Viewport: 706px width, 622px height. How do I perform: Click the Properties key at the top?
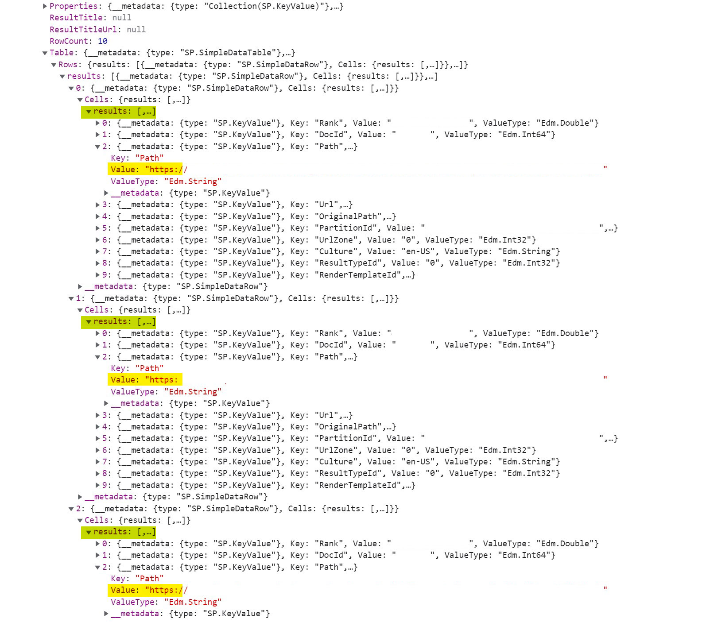(74, 6)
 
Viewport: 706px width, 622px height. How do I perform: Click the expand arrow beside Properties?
(45, 6)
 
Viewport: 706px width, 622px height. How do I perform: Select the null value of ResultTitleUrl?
(136, 30)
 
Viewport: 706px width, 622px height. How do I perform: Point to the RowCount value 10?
(102, 41)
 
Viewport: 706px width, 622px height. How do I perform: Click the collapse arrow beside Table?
(45, 53)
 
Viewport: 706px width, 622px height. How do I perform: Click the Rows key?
(68, 65)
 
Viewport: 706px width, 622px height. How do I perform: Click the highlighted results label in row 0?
(119, 112)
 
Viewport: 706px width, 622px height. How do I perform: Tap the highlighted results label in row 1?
(119, 322)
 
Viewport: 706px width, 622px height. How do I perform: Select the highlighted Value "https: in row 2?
(145, 590)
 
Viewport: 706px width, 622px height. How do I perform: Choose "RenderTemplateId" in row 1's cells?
(357, 485)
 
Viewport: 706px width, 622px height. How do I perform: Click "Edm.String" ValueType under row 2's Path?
(193, 602)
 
